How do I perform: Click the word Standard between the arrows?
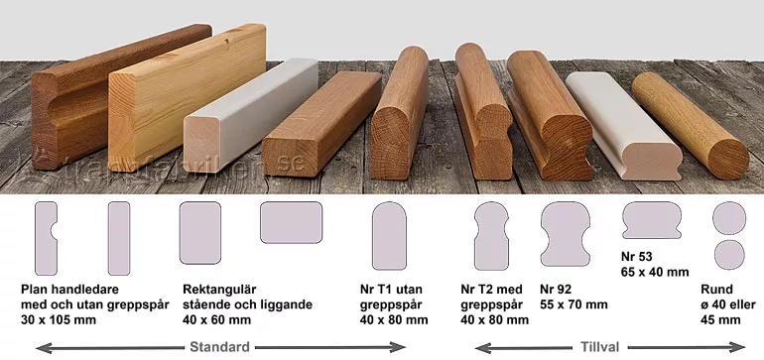coord(219,347)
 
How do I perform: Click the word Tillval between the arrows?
coord(600,347)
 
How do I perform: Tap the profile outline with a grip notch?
coord(45,239)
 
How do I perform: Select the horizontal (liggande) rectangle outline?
coord(291,222)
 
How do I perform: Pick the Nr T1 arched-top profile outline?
coord(389,236)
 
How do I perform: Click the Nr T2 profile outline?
coord(491,236)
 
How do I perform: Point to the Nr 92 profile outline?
coord(566,234)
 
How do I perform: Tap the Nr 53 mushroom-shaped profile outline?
coord(652,220)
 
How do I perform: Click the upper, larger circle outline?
coord(729,218)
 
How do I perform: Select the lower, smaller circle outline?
coord(729,255)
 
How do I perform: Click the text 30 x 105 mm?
coord(59,320)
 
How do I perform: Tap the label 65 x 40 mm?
coord(655,272)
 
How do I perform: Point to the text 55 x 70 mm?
coord(573,304)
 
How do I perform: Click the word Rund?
coord(716,290)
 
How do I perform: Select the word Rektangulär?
coord(219,290)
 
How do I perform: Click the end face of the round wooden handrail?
coord(728,159)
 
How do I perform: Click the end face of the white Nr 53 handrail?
coord(653,160)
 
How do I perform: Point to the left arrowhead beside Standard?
coord(44,347)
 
